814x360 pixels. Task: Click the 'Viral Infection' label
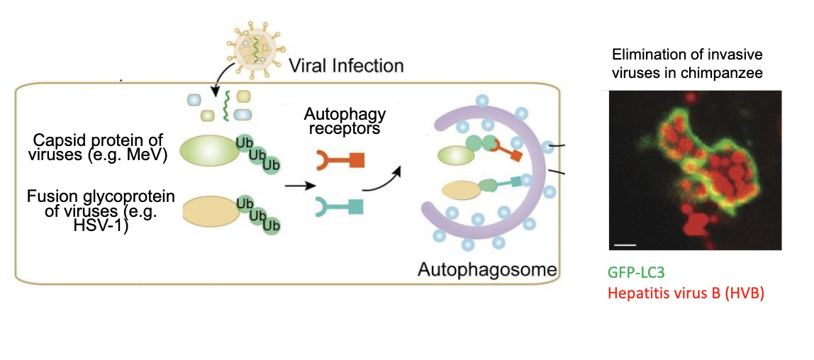(346, 66)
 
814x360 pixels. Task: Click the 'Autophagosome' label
(486, 270)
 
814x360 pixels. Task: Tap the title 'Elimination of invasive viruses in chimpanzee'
(688, 63)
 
